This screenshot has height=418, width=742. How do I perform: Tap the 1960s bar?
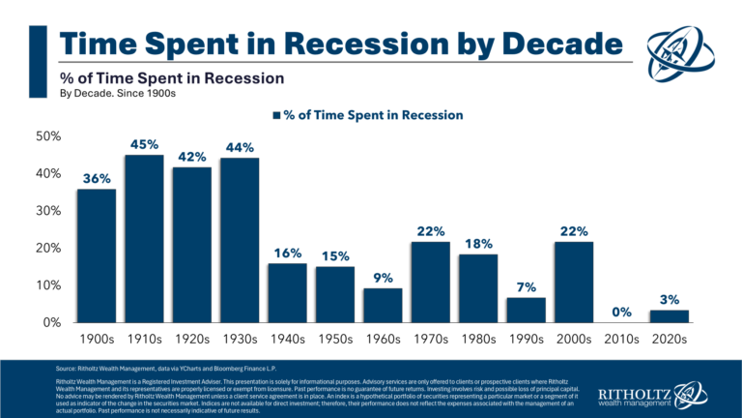point(383,305)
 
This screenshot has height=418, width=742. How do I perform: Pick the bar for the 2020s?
point(669,315)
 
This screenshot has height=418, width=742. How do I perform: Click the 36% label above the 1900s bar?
point(97,178)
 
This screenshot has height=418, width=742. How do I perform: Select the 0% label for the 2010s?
point(620,312)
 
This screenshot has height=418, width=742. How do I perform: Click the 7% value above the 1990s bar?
point(526,286)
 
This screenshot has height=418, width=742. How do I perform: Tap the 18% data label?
point(477,244)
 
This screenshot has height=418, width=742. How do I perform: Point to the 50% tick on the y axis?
point(48,136)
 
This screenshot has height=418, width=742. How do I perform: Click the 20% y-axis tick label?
point(48,248)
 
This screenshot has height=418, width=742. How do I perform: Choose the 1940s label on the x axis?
point(287,341)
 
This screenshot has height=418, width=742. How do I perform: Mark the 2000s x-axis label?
point(573,341)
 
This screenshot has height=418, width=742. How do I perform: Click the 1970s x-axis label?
point(430,341)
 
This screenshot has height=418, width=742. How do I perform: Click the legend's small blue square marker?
point(276,115)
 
